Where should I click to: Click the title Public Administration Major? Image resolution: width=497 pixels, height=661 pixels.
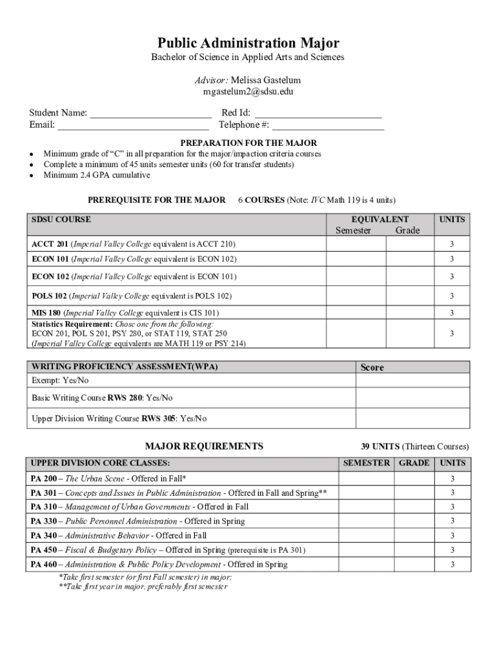(249, 43)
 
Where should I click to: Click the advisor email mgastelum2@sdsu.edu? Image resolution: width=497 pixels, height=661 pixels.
(248, 92)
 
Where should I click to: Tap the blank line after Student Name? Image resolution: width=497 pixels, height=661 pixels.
(150, 114)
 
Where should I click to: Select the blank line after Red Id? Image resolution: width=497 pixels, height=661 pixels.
(318, 114)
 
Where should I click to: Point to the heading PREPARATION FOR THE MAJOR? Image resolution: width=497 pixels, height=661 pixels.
(249, 143)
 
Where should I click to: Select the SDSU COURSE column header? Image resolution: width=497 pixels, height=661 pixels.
(61, 219)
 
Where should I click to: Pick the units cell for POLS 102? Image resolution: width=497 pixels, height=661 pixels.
(452, 296)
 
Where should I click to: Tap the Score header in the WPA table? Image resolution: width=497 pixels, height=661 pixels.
(372, 367)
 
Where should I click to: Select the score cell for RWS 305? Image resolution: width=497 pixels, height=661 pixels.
(412, 418)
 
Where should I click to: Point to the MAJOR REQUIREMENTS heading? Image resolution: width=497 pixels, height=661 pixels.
(204, 446)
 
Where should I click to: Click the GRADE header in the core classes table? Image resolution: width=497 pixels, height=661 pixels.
(414, 463)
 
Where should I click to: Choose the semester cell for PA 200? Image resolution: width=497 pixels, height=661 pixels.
(366, 478)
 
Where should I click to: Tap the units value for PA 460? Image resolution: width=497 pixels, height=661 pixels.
(452, 565)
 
